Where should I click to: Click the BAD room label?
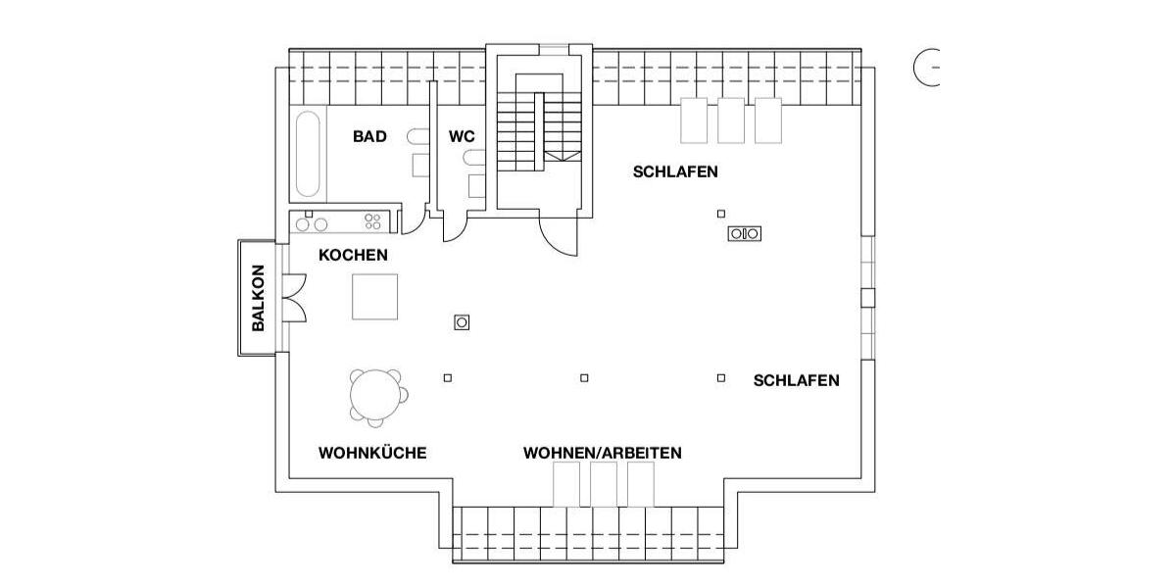click(369, 137)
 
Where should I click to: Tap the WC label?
click(462, 137)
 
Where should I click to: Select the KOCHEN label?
click(353, 256)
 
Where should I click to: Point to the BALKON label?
click(259, 298)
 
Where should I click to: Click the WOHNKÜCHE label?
click(372, 454)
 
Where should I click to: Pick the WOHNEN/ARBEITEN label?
click(602, 454)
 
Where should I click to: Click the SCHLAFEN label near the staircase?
click(675, 172)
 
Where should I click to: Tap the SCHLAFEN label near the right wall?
click(796, 381)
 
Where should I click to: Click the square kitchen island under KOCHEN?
click(375, 297)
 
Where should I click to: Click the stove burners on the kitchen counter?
click(372, 222)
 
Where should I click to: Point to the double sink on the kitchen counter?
click(312, 224)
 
